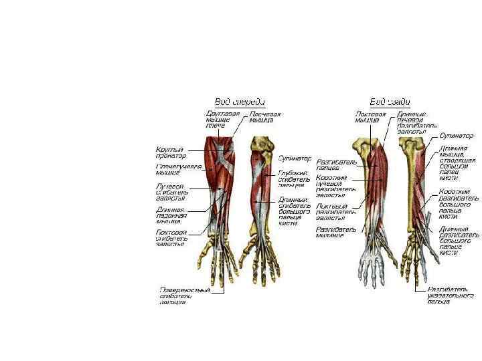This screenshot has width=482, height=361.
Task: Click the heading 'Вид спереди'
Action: pyautogui.click(x=239, y=102)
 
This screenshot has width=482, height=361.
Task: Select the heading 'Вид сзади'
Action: pyautogui.click(x=390, y=102)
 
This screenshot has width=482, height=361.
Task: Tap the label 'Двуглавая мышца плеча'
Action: pyautogui.click(x=223, y=120)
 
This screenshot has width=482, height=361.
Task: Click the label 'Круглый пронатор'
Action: pyautogui.click(x=171, y=152)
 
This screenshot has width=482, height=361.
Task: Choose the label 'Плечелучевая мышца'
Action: pyautogui.click(x=172, y=169)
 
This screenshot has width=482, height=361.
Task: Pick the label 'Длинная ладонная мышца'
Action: pyautogui.click(x=171, y=215)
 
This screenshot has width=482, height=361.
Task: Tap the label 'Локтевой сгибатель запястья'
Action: pyautogui.click(x=171, y=238)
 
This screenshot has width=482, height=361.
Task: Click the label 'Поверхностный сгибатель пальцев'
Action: pyautogui.click(x=185, y=295)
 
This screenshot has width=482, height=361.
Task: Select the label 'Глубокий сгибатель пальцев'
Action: pyautogui.click(x=295, y=178)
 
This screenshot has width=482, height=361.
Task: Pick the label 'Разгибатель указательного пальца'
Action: pyautogui.click(x=455, y=295)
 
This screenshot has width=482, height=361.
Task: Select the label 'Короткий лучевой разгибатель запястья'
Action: pyautogui.click(x=334, y=188)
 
